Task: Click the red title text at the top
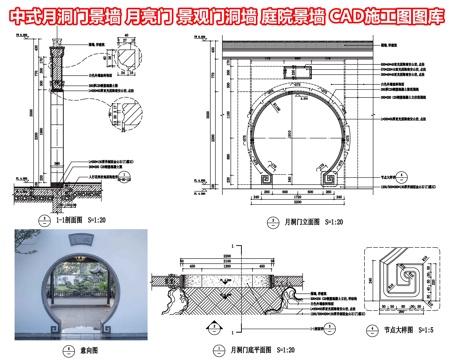(x=226, y=17)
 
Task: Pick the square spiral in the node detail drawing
(x=411, y=274)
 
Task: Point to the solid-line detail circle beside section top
(x=128, y=58)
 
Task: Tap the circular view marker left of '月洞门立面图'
(x=270, y=224)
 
